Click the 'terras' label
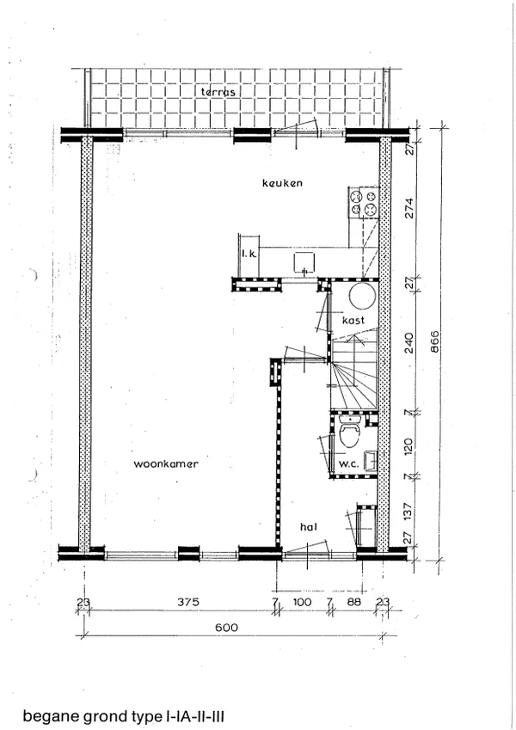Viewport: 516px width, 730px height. click(x=218, y=92)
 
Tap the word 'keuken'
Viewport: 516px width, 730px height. click(x=282, y=182)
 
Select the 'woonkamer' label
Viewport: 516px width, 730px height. click(x=166, y=463)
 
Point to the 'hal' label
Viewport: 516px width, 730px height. click(x=309, y=526)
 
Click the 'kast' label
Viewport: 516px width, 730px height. click(x=353, y=321)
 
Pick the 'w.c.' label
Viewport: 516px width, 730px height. click(x=348, y=464)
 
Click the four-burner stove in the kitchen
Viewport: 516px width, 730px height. click(x=364, y=204)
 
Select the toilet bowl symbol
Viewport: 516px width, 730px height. click(x=350, y=432)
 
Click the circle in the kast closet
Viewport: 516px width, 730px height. click(x=363, y=296)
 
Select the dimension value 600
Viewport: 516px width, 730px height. click(x=226, y=628)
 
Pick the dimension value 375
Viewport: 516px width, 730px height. click(x=188, y=602)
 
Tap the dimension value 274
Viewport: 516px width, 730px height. click(x=409, y=209)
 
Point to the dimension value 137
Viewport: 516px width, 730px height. click(x=408, y=512)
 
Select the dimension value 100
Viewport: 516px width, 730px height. click(x=302, y=602)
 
